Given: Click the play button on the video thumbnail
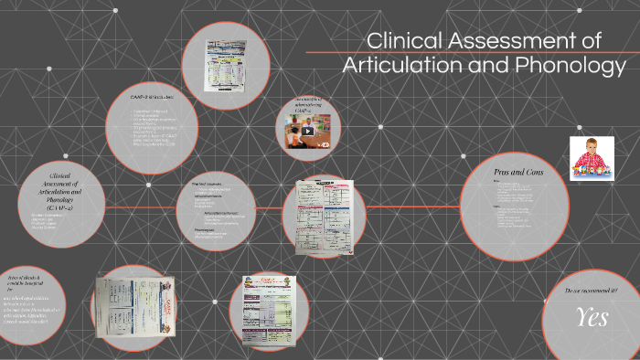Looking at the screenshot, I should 308,130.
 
